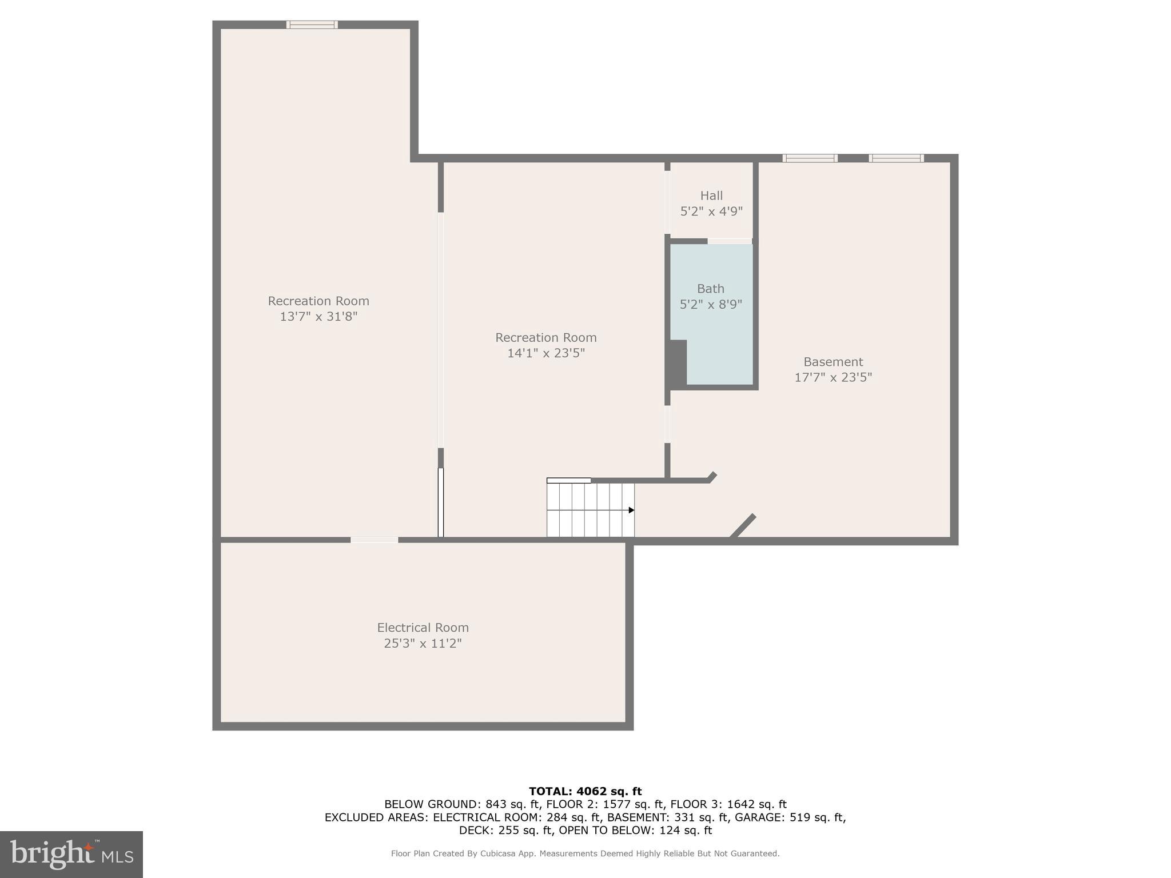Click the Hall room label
(x=711, y=195)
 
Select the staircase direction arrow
(x=631, y=510)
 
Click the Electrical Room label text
(x=423, y=628)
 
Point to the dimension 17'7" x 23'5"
(x=833, y=377)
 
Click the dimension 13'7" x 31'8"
(x=318, y=316)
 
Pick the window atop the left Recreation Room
(x=312, y=25)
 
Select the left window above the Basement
(x=810, y=158)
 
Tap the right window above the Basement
(x=896, y=158)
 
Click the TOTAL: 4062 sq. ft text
(x=585, y=791)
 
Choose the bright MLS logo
(x=71, y=854)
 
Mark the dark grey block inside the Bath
(x=678, y=364)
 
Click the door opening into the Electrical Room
(x=374, y=540)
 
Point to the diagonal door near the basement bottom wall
(x=743, y=526)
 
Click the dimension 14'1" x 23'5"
(x=546, y=353)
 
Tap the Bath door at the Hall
(x=729, y=241)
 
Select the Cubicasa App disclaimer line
(x=585, y=853)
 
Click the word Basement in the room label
(x=833, y=362)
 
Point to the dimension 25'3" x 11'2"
(x=423, y=644)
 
